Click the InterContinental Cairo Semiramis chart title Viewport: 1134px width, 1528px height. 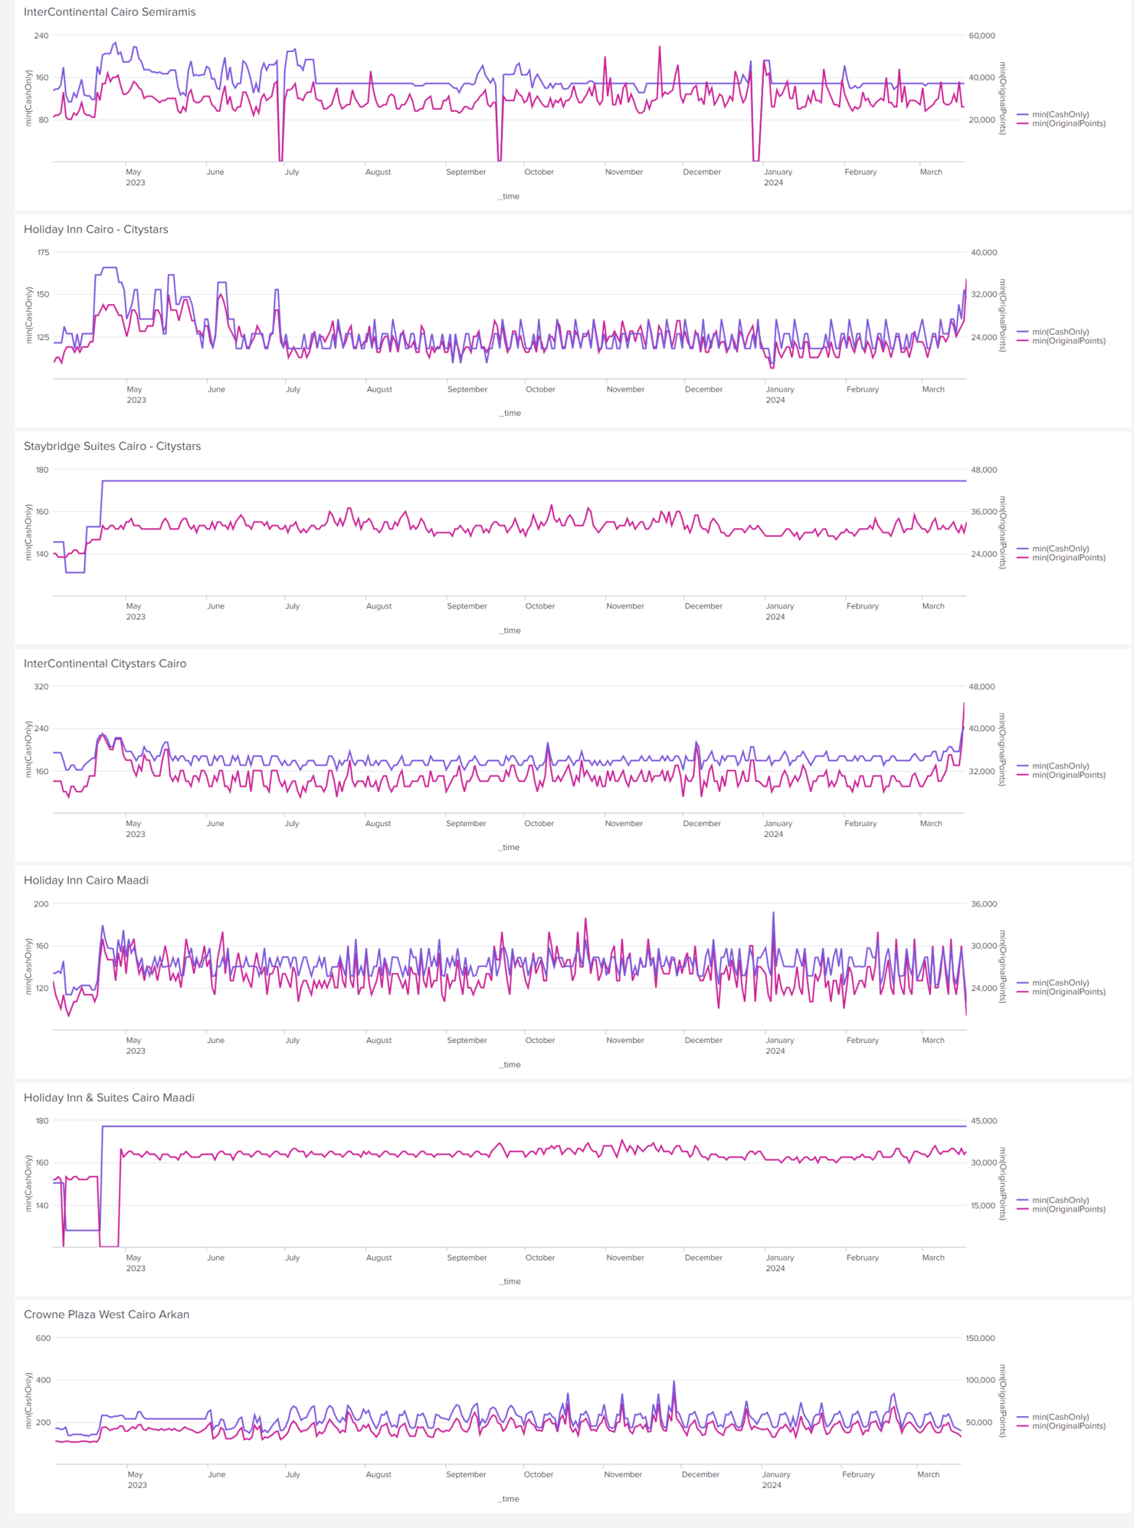coord(110,12)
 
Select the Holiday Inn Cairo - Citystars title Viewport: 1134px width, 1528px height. coord(96,229)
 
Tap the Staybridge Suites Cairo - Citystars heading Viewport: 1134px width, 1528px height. coord(112,446)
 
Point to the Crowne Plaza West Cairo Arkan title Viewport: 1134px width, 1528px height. coord(107,1314)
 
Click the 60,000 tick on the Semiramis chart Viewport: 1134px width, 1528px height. coord(982,36)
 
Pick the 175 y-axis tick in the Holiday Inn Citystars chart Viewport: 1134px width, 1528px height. coord(43,252)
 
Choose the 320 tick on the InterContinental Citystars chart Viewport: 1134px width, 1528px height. coord(41,687)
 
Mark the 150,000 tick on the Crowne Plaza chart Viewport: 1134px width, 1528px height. coord(980,1338)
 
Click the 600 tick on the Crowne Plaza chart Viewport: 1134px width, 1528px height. coord(43,1338)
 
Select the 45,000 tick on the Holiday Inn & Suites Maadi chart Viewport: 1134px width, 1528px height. coord(984,1121)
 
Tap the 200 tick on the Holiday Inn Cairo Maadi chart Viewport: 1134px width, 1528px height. coord(41,904)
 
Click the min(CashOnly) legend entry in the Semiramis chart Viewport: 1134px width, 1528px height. coord(1060,115)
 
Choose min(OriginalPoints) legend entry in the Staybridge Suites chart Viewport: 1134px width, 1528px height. coord(1068,558)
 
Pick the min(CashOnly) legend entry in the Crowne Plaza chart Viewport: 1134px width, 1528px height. coord(1060,1417)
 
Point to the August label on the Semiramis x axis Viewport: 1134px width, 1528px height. coord(378,172)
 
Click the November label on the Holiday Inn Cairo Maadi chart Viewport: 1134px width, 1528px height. coord(625,1041)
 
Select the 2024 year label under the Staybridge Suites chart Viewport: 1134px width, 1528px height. coord(775,617)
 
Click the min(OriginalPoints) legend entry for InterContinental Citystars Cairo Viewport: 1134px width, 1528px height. coord(1068,775)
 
